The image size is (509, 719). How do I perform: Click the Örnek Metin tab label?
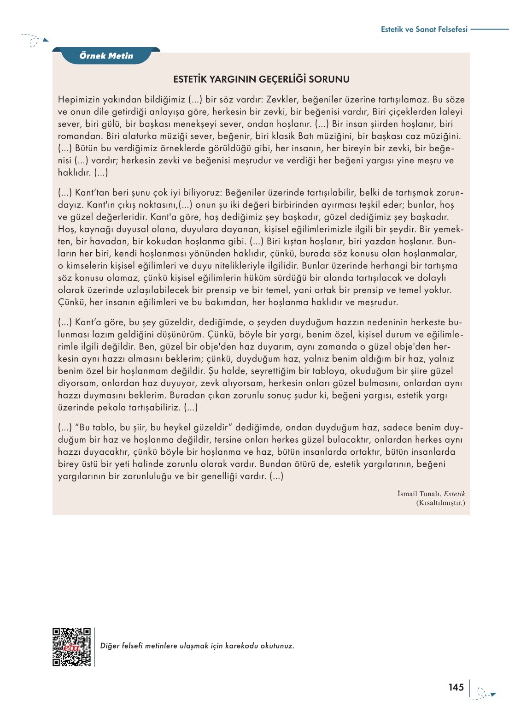point(106,56)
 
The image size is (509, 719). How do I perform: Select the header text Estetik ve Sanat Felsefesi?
point(424,29)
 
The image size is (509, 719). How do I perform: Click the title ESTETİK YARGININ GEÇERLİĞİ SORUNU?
point(261,79)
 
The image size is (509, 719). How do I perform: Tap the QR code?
point(72,647)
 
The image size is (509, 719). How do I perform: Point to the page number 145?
point(456,687)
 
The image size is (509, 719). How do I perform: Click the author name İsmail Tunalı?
point(419,494)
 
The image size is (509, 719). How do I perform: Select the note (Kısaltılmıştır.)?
point(440,503)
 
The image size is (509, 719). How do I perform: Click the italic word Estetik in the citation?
point(455,494)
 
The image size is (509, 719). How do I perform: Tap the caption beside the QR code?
point(197,646)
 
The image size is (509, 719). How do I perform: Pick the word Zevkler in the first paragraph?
point(282,100)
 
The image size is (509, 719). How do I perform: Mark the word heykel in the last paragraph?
point(177,428)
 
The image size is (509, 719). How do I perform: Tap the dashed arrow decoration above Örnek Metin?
point(35,41)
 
